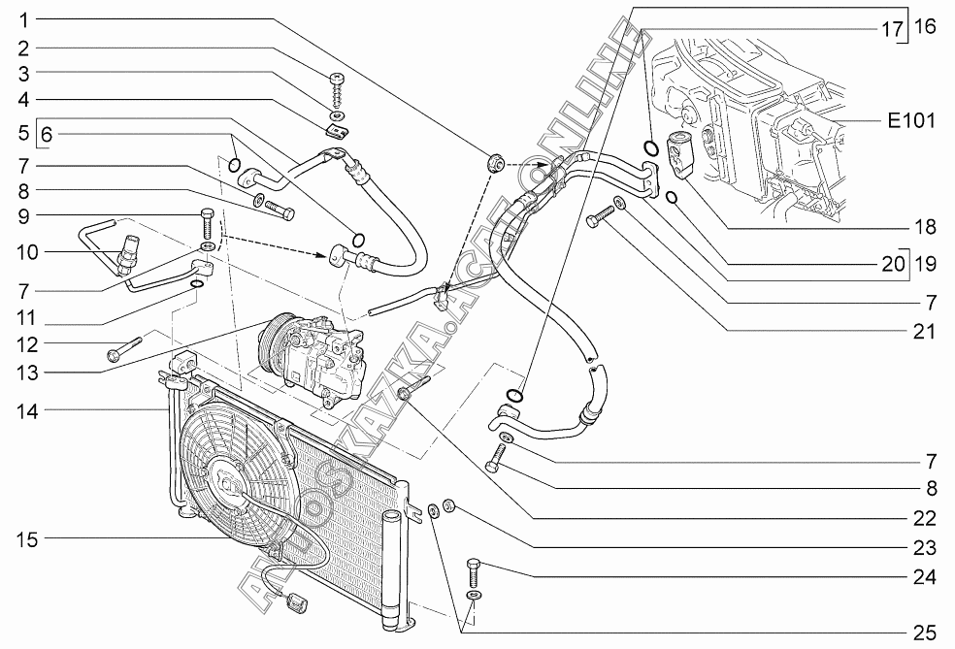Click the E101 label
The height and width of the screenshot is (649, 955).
tap(910, 121)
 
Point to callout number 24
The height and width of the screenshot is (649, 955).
tap(924, 577)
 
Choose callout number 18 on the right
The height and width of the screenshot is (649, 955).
tap(924, 227)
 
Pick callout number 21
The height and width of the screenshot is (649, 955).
tap(924, 332)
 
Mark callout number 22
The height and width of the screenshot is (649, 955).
tap(924, 517)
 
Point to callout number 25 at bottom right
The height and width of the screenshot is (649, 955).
tap(924, 633)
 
